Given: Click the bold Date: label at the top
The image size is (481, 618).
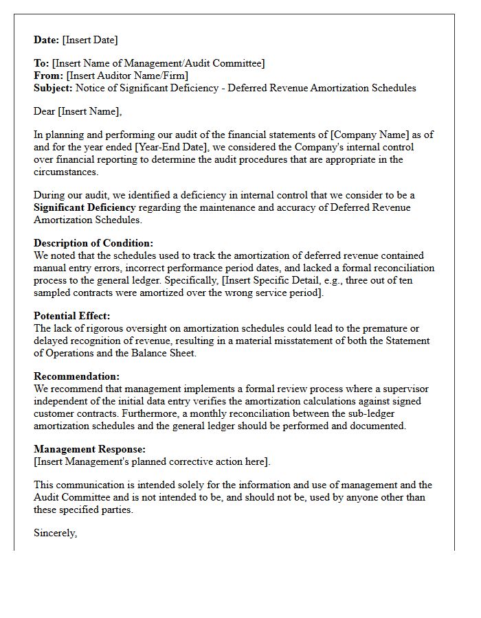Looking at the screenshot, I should click(x=47, y=40).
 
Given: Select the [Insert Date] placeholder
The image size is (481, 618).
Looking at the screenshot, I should click(x=91, y=40).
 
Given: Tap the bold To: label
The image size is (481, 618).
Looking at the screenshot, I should click(x=41, y=63).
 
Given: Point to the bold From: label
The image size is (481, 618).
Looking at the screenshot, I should click(x=48, y=76).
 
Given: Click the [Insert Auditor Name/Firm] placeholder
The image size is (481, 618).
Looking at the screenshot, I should click(x=127, y=76).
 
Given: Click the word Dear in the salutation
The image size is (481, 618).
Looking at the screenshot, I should click(x=45, y=111).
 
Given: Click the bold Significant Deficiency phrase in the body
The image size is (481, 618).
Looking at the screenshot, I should click(x=85, y=207).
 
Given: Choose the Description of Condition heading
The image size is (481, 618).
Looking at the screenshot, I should click(x=93, y=243).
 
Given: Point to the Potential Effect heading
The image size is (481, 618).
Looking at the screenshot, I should click(x=71, y=316).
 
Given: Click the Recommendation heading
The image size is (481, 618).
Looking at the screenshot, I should click(x=76, y=376).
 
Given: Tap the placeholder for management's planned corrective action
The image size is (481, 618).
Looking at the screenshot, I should click(x=152, y=461).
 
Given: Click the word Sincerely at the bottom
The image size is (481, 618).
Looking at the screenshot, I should click(x=55, y=533).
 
